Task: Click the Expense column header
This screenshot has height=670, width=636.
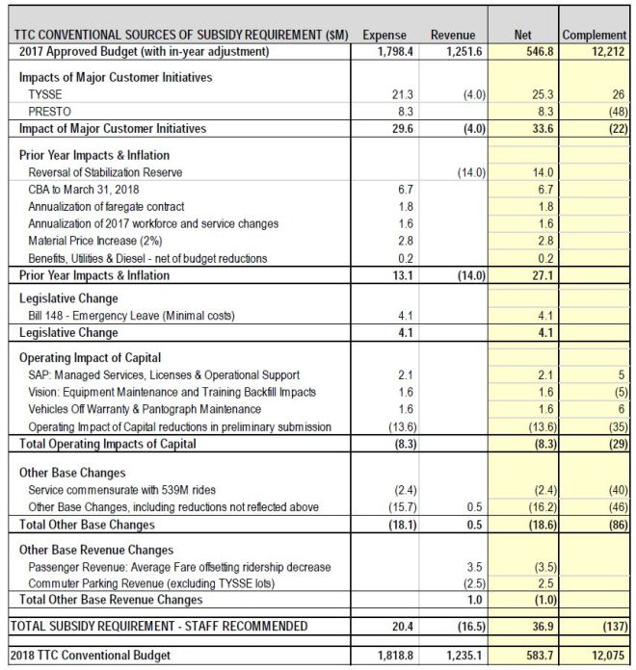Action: coord(384,35)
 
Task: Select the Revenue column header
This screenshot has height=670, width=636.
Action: coord(452,35)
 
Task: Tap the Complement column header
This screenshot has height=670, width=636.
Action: coord(595,35)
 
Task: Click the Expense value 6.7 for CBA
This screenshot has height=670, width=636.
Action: coord(405,190)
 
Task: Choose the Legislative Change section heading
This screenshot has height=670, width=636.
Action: coord(68,299)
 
